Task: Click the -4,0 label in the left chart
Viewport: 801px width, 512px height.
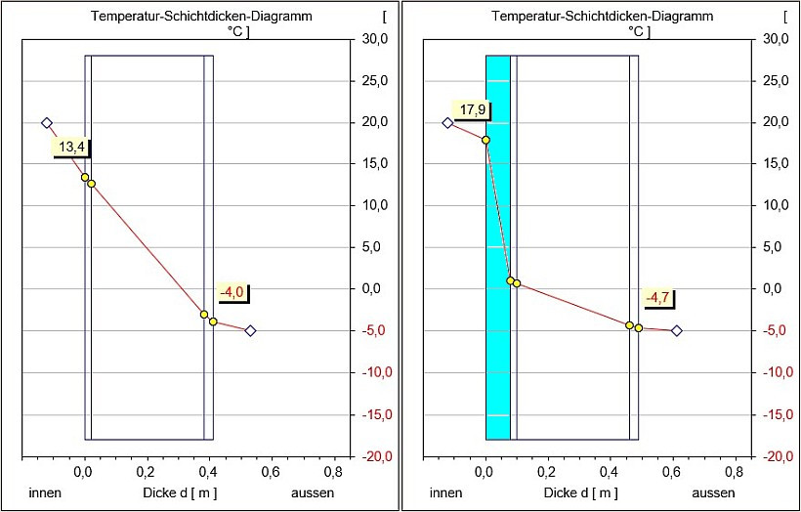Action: click(232, 291)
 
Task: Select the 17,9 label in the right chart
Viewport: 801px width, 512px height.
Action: click(470, 110)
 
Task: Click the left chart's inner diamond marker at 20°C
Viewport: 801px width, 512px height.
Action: click(46, 123)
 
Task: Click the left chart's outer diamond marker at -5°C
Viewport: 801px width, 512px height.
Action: click(250, 330)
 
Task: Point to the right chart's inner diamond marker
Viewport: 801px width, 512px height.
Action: click(447, 123)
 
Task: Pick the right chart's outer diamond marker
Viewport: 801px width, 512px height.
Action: click(676, 330)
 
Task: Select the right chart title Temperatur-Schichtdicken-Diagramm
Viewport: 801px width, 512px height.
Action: click(603, 17)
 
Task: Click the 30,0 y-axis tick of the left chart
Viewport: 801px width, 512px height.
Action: click(376, 39)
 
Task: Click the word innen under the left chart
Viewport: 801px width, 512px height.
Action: click(45, 492)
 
